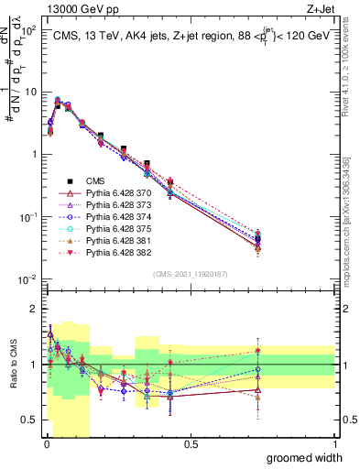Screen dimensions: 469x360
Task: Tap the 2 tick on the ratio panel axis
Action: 33,310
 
